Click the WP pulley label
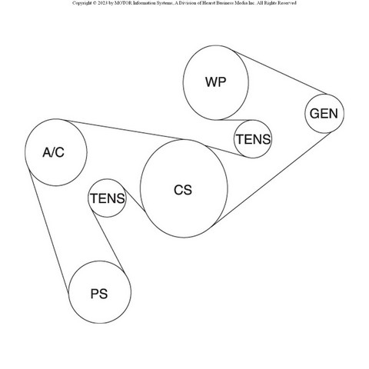pyautogui.click(x=216, y=82)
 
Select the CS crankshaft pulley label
pyautogui.click(x=183, y=190)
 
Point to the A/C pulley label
pyautogui.click(x=54, y=152)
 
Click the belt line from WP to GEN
pyautogui.click(x=281, y=73)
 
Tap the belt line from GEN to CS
pyautogui.click(x=271, y=179)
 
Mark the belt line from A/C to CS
pyautogui.click(x=124, y=130)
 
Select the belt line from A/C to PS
pyautogui.click(x=48, y=232)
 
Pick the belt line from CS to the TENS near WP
pyautogui.click(x=224, y=151)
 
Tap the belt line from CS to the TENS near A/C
pyautogui.click(x=135, y=200)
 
